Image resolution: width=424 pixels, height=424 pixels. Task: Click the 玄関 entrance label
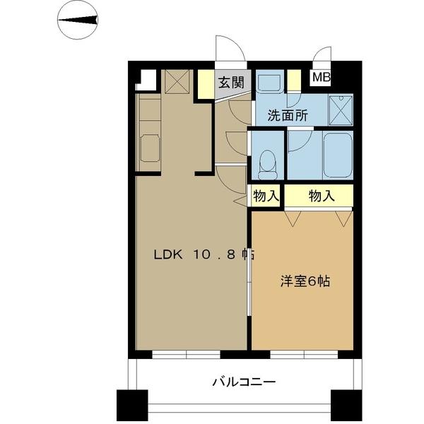pos(230,81)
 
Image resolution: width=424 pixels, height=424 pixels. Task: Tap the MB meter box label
pos(322,78)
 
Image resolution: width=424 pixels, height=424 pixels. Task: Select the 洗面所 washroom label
pos(287,117)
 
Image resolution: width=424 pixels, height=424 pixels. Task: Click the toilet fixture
pos(268,164)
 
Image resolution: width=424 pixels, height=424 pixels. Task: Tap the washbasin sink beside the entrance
pos(268,83)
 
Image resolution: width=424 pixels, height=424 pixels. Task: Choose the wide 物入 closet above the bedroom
pos(320,196)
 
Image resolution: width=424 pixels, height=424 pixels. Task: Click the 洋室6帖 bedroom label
pos(305,281)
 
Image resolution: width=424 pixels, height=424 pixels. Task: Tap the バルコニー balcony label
pos(244,382)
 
